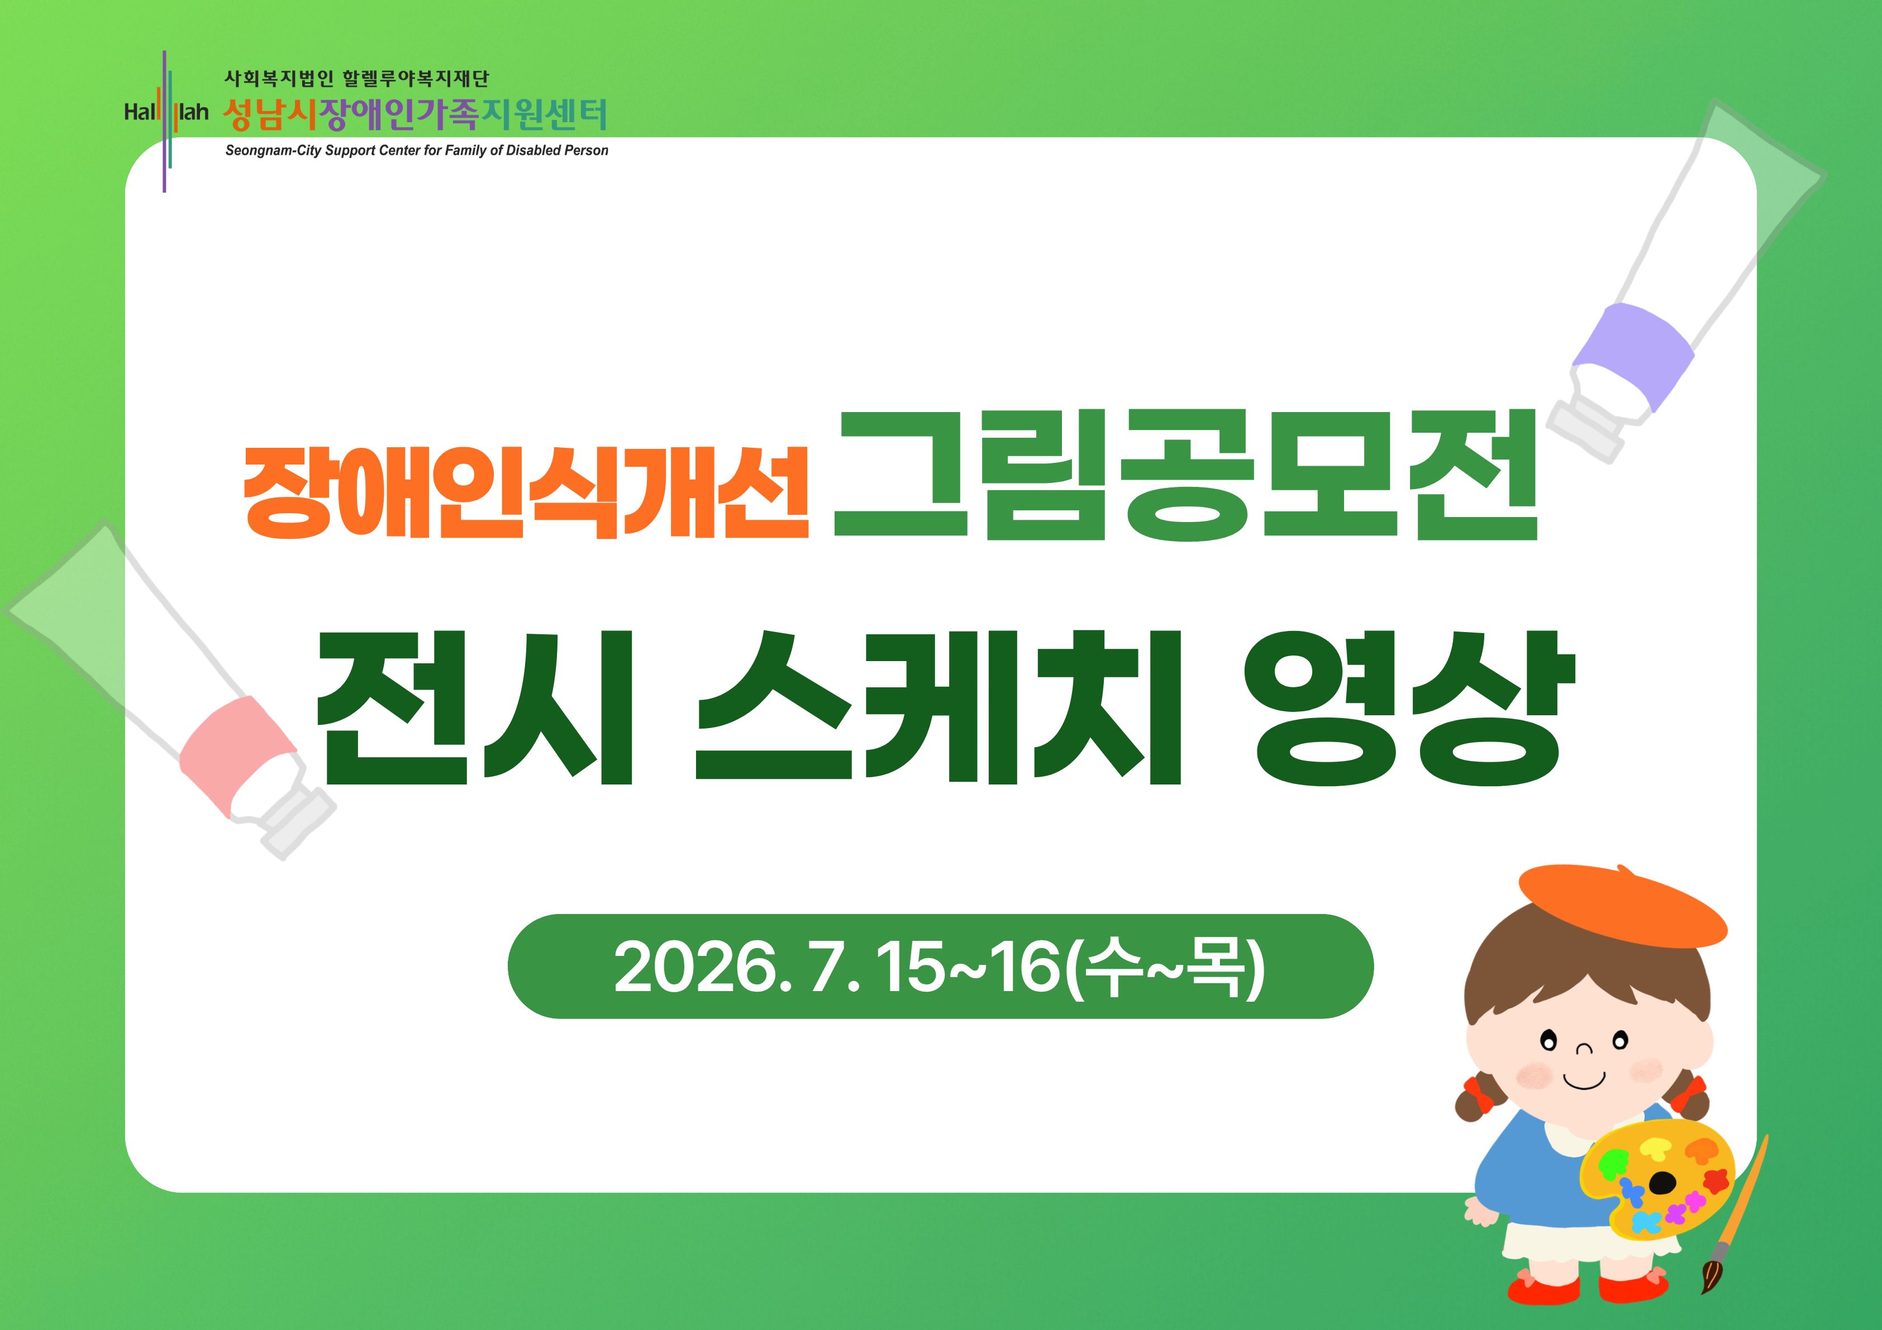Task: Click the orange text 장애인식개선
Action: pos(526,492)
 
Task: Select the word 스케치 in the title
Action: pos(938,707)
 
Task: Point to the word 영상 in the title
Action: pos(1402,707)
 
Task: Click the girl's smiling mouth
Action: pos(1584,1082)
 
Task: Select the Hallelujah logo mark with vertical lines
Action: pos(166,121)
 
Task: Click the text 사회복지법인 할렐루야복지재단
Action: pos(356,79)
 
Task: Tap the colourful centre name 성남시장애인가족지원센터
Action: pos(414,116)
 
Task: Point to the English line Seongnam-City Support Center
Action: pos(416,151)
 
